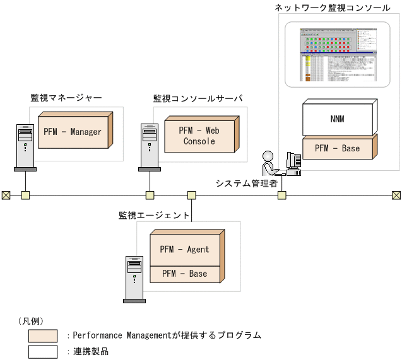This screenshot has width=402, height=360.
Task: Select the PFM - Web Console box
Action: coord(199,136)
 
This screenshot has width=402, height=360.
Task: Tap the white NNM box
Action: coord(337,119)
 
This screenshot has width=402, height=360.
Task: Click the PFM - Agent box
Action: coord(184,250)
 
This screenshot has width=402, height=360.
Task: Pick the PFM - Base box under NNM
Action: coord(337,149)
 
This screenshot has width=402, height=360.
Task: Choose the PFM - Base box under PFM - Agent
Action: coord(184,274)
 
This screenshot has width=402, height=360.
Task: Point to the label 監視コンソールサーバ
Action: coord(198,98)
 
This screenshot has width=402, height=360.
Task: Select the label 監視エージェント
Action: coord(154,215)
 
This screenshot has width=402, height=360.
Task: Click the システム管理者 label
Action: coord(247,183)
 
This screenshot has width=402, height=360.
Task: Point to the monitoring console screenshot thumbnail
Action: coord(337,54)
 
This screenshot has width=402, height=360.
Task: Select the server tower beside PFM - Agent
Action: coord(134,279)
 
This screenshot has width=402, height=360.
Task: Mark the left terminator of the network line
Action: coord(6,195)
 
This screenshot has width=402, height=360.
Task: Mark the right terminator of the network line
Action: coord(396,195)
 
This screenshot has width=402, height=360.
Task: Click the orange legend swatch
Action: coord(43,335)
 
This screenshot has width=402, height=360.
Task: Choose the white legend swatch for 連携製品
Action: coord(43,351)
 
